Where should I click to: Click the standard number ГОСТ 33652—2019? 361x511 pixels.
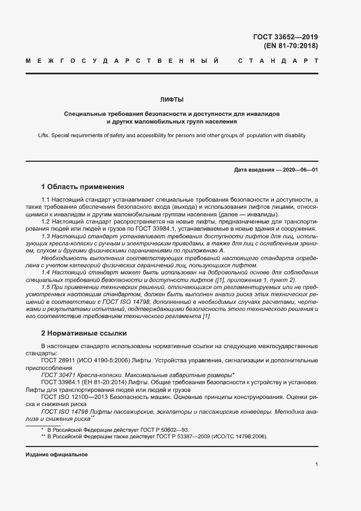click(285, 37)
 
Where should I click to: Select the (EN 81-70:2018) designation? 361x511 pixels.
click(291, 46)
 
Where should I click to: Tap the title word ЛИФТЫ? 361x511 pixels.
click(171, 99)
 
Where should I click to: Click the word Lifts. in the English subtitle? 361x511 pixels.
click(46, 135)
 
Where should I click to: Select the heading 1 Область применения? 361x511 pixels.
click(83, 186)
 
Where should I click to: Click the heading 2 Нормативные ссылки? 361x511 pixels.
click(84, 332)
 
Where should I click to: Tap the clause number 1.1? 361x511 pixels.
click(46, 201)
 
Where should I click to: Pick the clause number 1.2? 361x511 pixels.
click(46, 221)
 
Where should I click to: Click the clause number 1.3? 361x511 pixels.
click(46, 236)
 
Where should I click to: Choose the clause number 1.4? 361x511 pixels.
click(46, 272)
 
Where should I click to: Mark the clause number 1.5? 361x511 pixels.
click(46, 286)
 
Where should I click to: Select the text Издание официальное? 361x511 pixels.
click(57, 455)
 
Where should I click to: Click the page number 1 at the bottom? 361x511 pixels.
click(316, 465)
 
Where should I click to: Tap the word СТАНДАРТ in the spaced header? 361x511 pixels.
click(278, 60)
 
